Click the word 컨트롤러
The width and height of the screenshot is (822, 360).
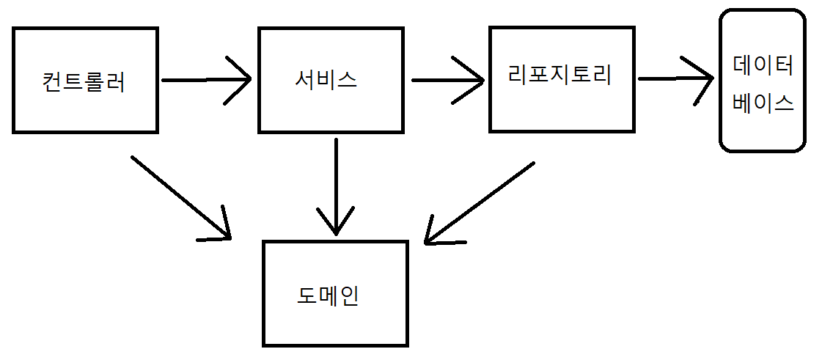84,81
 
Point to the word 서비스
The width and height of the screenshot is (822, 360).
326,79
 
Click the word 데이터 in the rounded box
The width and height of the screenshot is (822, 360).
763,67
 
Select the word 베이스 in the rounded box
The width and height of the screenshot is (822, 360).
763,102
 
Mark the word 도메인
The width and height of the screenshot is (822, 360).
328,297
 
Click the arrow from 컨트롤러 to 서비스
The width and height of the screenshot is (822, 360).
207,80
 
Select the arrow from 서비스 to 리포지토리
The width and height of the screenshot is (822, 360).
448,80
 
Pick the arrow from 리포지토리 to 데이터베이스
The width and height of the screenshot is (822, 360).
676,79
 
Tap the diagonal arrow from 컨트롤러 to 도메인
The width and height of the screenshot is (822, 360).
181,197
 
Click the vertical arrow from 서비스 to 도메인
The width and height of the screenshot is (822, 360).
336,186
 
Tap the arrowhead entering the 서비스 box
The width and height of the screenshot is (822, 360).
239,80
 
